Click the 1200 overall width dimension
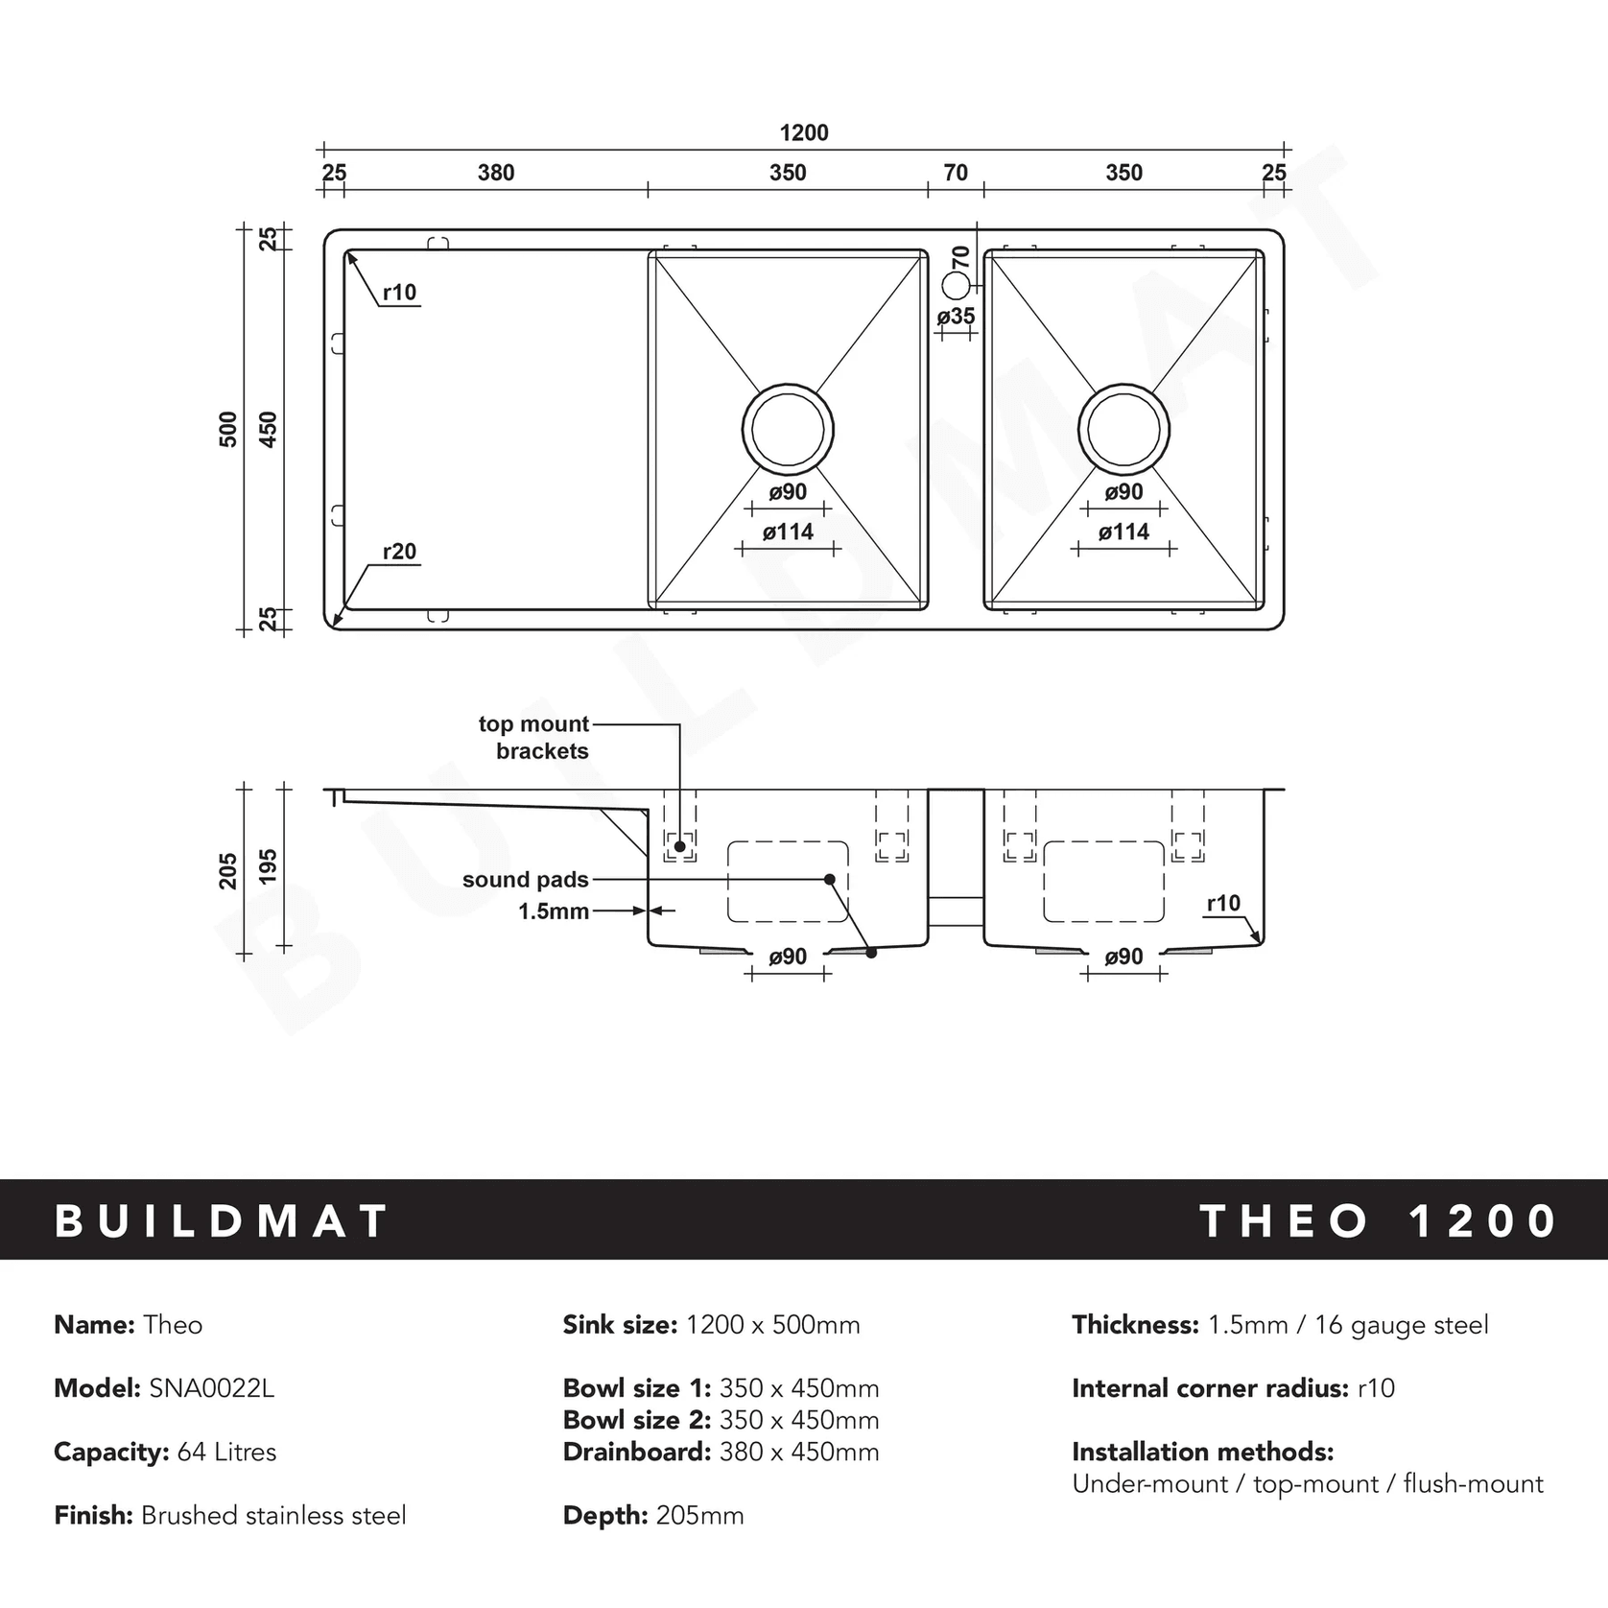(x=803, y=132)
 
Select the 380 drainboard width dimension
(x=496, y=173)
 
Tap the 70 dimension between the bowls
(x=956, y=173)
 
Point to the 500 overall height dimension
(x=228, y=429)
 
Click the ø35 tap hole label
(x=956, y=316)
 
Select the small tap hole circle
(x=957, y=285)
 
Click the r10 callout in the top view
(x=399, y=293)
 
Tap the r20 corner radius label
(x=399, y=552)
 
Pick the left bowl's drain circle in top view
(x=788, y=429)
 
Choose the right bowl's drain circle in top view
(x=1123, y=429)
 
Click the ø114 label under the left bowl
(x=788, y=532)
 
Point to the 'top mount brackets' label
(x=534, y=738)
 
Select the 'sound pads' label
(x=525, y=880)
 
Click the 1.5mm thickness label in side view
(x=554, y=911)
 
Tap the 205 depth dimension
(x=228, y=871)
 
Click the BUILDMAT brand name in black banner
(x=222, y=1221)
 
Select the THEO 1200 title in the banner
(x=1378, y=1221)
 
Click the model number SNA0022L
(x=211, y=1388)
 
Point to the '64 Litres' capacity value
(x=226, y=1452)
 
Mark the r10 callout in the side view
(x=1223, y=903)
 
